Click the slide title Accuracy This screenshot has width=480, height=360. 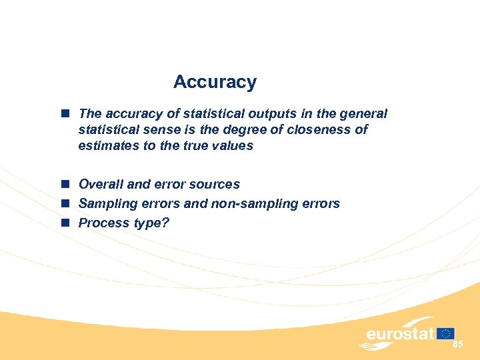[x=215, y=82]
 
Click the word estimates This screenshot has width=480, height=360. [x=107, y=145]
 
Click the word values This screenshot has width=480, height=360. [x=235, y=145]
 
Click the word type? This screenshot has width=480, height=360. [x=151, y=223]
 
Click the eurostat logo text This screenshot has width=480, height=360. [x=399, y=333]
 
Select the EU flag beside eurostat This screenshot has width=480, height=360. [x=446, y=333]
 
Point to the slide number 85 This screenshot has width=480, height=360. [x=457, y=345]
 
